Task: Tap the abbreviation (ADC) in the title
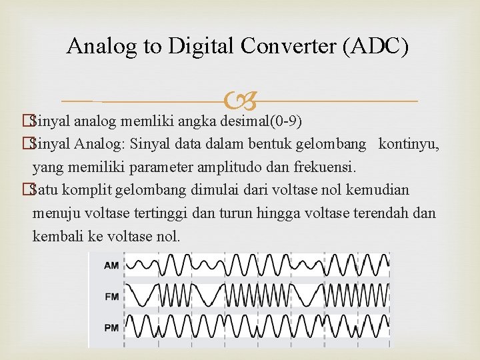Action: point(377,46)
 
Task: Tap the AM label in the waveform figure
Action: point(111,265)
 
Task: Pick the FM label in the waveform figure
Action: point(111,296)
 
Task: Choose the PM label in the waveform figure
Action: point(111,327)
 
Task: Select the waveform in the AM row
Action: point(257,265)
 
